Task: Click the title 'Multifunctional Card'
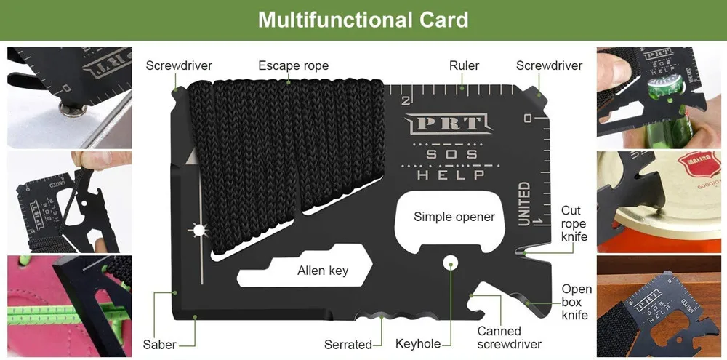[363, 19]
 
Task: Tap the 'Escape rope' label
[293, 65]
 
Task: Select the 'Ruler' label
[464, 65]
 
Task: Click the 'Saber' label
[158, 344]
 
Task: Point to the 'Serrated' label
[348, 344]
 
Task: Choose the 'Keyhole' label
[418, 344]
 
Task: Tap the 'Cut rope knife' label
[574, 223]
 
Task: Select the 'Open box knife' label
[577, 302]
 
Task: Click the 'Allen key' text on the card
[323, 271]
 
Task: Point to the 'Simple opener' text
[454, 216]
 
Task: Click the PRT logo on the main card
[446, 124]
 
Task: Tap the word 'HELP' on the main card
[451, 175]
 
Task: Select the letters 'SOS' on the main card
[451, 154]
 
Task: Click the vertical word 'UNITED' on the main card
[524, 204]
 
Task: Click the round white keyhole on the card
[451, 261]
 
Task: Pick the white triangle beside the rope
[192, 156]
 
